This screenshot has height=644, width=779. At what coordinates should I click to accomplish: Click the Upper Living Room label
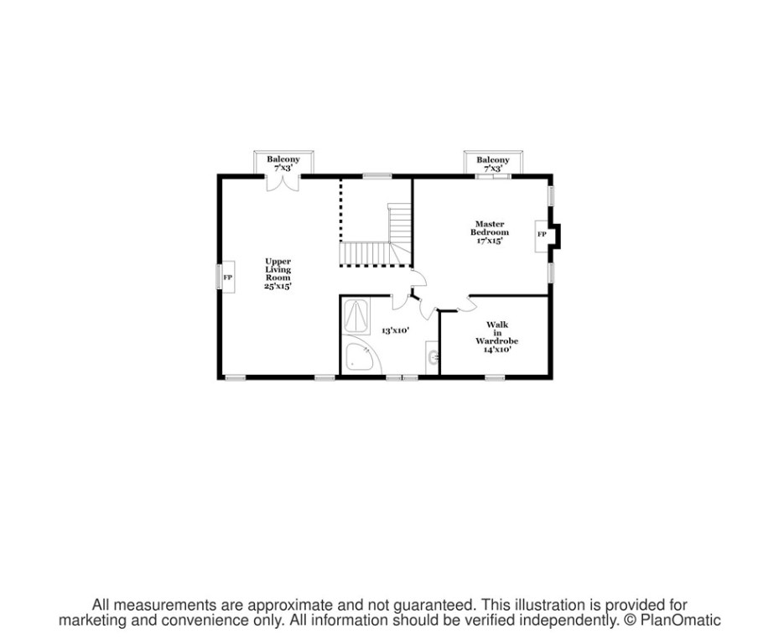[278, 273]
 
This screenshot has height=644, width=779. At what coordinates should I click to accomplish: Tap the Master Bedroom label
[489, 228]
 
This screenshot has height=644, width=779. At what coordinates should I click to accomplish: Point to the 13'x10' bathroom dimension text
[395, 330]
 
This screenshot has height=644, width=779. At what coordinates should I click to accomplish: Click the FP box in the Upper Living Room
[227, 277]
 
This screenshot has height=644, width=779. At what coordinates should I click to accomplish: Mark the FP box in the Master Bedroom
[542, 235]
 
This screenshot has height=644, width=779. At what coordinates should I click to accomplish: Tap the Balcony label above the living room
[283, 159]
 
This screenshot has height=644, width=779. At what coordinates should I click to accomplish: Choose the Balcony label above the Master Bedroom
[493, 159]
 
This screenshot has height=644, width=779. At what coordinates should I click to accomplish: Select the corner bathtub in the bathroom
[361, 357]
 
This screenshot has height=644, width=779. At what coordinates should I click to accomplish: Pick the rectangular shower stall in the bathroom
[357, 316]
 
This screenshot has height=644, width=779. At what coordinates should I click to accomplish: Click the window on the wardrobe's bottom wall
[495, 377]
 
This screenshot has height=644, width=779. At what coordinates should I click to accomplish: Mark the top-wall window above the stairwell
[377, 176]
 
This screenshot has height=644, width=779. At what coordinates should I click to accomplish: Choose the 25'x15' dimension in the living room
[278, 287]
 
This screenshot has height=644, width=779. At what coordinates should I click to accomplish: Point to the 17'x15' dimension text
[489, 241]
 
